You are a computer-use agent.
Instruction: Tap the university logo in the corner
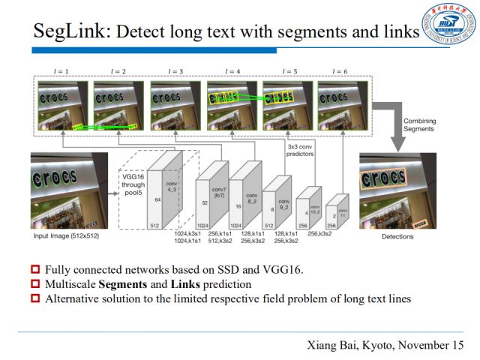pyautogui.click(x=448, y=24)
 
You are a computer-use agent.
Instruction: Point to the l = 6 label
pyautogui.click(x=340, y=71)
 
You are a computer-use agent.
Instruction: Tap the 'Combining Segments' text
pyautogui.click(x=418, y=125)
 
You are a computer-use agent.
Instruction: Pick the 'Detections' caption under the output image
pyautogui.click(x=398, y=236)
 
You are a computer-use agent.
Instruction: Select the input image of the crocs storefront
pyautogui.click(x=69, y=190)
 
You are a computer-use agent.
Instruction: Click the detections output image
pyautogui.click(x=397, y=190)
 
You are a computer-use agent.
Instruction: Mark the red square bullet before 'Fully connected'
pyautogui.click(x=35, y=270)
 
